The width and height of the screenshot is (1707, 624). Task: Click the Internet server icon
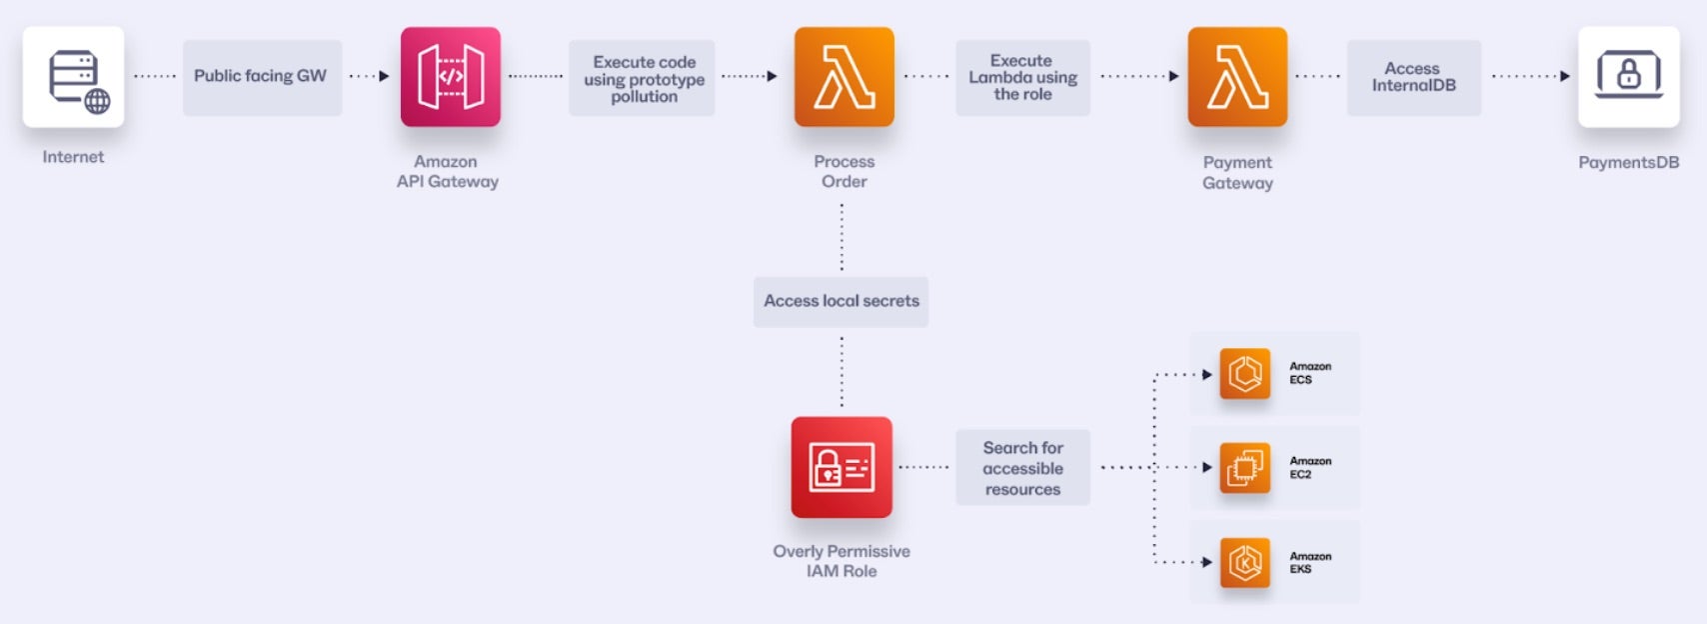(74, 77)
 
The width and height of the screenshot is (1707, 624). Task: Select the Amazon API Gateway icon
(451, 77)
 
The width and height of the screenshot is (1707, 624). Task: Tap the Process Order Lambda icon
(845, 77)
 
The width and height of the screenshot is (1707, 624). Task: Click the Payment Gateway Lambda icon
(1237, 77)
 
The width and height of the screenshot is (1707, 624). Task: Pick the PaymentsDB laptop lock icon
(1629, 77)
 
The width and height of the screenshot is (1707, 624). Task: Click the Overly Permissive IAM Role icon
(842, 467)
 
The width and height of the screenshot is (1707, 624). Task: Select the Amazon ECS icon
(1245, 374)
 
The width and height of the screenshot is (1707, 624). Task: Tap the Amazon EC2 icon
(1245, 468)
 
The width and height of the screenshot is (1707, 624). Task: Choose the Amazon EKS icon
(1245, 562)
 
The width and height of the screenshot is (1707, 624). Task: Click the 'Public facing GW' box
(262, 77)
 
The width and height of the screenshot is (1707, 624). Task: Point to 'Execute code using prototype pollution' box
(643, 78)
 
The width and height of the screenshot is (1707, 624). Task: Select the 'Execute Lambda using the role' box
(1022, 78)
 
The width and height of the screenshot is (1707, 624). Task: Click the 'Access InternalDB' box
(1413, 78)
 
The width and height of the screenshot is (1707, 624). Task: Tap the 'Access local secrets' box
(841, 301)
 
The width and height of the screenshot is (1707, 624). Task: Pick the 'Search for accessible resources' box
(1022, 468)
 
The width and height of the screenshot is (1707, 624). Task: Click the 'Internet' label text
(73, 157)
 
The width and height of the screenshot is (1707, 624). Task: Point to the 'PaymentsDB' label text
(1628, 162)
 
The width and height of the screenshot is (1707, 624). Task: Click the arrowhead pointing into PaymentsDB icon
(1565, 76)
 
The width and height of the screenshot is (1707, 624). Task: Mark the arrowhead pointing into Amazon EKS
(1207, 562)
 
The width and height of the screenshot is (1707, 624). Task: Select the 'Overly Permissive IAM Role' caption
(842, 561)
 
